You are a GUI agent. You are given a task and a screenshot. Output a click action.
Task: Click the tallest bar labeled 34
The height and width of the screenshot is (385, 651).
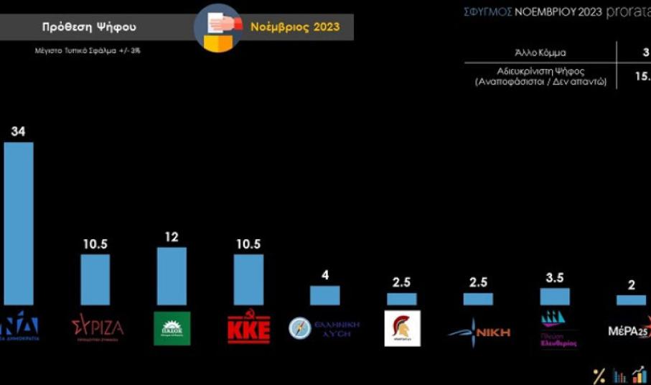click(x=19, y=223)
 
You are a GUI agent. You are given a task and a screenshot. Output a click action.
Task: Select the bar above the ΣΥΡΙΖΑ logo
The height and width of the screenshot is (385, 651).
click(x=95, y=279)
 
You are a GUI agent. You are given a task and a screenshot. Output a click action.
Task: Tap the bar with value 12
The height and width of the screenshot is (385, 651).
click(x=172, y=276)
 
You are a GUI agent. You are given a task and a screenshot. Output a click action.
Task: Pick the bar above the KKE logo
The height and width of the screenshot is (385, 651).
click(x=248, y=279)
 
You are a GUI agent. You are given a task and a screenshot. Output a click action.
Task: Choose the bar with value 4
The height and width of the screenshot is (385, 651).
click(x=324, y=295)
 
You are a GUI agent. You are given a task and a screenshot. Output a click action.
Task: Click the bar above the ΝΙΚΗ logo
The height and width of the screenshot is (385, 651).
click(x=478, y=299)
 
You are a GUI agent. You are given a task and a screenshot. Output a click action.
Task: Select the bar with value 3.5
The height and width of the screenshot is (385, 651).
click(x=554, y=296)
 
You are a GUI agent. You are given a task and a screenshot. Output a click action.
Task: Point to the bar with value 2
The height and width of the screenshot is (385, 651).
click(x=631, y=300)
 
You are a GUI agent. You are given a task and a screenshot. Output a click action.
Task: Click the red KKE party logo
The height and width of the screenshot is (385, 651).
click(x=248, y=330)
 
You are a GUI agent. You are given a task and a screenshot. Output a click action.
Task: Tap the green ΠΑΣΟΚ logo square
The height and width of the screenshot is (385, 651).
click(x=172, y=328)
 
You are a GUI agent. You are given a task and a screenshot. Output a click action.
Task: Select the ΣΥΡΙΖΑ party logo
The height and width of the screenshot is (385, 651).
click(x=97, y=328)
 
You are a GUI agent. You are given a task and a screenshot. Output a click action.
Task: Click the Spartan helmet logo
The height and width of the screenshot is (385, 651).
click(x=402, y=328)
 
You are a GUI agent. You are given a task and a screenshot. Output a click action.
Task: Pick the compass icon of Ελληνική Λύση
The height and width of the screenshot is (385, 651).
click(x=299, y=328)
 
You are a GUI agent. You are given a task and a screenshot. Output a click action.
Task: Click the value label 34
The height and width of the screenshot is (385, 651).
click(x=18, y=131)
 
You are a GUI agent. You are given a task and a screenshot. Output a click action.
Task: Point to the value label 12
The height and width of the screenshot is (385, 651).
click(x=172, y=237)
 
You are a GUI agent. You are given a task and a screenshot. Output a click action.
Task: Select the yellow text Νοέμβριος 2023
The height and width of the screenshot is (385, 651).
click(x=294, y=27)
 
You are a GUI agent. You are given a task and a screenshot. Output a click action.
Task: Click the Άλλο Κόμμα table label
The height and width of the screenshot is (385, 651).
click(x=540, y=52)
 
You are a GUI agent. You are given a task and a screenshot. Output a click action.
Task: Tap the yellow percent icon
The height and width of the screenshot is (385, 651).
click(x=599, y=375)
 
